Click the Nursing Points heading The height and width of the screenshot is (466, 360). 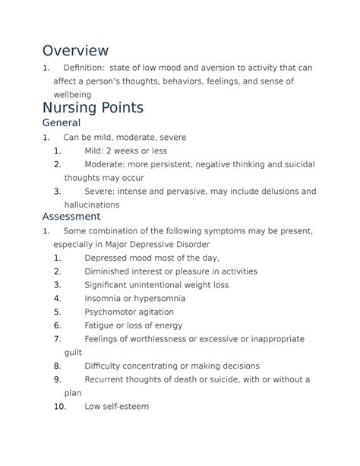(x=93, y=108)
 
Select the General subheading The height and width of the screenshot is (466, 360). (x=62, y=123)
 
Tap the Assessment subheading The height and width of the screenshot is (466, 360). (x=71, y=216)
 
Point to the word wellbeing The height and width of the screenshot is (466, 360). (x=72, y=94)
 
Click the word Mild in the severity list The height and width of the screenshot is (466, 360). (x=95, y=151)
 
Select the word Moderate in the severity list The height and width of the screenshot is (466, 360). (x=106, y=164)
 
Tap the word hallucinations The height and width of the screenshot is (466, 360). (x=92, y=204)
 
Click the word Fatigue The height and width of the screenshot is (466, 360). (x=100, y=325)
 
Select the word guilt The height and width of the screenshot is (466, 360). (x=74, y=353)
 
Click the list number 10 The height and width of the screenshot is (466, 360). (x=60, y=407)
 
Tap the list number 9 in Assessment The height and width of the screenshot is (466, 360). (x=58, y=379)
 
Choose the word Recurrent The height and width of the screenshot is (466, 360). (x=107, y=379)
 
